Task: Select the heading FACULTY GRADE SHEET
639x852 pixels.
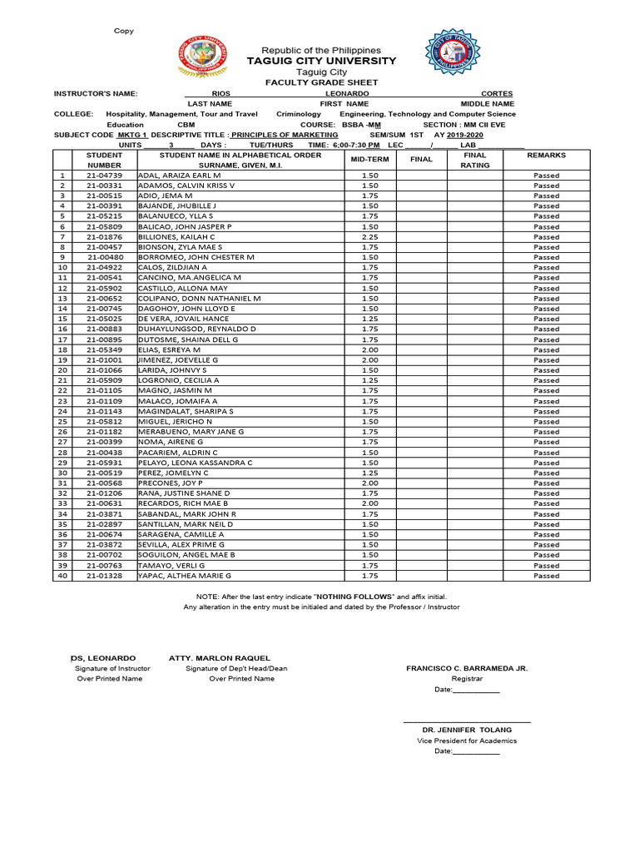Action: point(321,82)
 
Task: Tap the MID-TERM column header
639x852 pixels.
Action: point(369,159)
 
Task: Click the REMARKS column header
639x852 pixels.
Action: point(546,155)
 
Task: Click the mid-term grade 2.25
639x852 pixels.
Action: point(369,236)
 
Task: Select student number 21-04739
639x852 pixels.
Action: point(104,176)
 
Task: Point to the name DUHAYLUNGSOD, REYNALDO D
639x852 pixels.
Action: point(196,329)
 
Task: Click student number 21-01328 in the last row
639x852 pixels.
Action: point(104,575)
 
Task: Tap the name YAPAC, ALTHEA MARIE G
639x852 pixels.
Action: point(185,575)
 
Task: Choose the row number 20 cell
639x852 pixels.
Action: point(62,370)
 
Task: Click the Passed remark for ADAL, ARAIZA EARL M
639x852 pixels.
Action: point(546,176)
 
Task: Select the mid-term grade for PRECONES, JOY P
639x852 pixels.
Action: point(369,483)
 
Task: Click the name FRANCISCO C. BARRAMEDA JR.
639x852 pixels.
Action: point(466,668)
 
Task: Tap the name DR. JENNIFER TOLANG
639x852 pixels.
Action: point(466,730)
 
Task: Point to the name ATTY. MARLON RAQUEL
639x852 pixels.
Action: point(220,658)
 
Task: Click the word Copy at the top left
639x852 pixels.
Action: point(124,31)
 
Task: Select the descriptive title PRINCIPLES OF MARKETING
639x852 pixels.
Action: point(285,134)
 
